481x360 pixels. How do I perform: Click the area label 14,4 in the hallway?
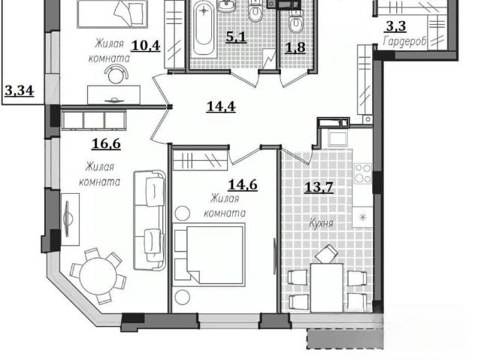point(221,107)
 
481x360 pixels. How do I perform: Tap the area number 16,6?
point(106,144)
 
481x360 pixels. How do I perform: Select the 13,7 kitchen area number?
point(319,186)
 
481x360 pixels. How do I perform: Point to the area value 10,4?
point(146,46)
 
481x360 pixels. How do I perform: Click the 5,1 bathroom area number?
point(236,37)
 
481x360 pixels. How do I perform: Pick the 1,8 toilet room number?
point(295,47)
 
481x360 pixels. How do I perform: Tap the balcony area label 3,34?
point(19,91)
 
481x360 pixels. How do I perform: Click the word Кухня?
point(321,223)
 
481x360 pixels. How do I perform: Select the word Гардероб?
point(404,41)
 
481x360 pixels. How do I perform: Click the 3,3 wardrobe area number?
point(396,26)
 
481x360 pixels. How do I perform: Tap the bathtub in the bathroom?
point(204,29)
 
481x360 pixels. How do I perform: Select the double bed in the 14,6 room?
point(209,255)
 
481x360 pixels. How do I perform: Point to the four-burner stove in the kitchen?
point(363,174)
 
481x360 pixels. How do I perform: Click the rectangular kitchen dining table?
point(326,287)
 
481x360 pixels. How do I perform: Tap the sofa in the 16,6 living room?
point(150,220)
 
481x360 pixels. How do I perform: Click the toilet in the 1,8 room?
point(295,22)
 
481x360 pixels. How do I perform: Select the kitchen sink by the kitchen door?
point(337,138)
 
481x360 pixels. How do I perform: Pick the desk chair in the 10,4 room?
point(116,75)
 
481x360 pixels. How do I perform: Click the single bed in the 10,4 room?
point(113,14)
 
